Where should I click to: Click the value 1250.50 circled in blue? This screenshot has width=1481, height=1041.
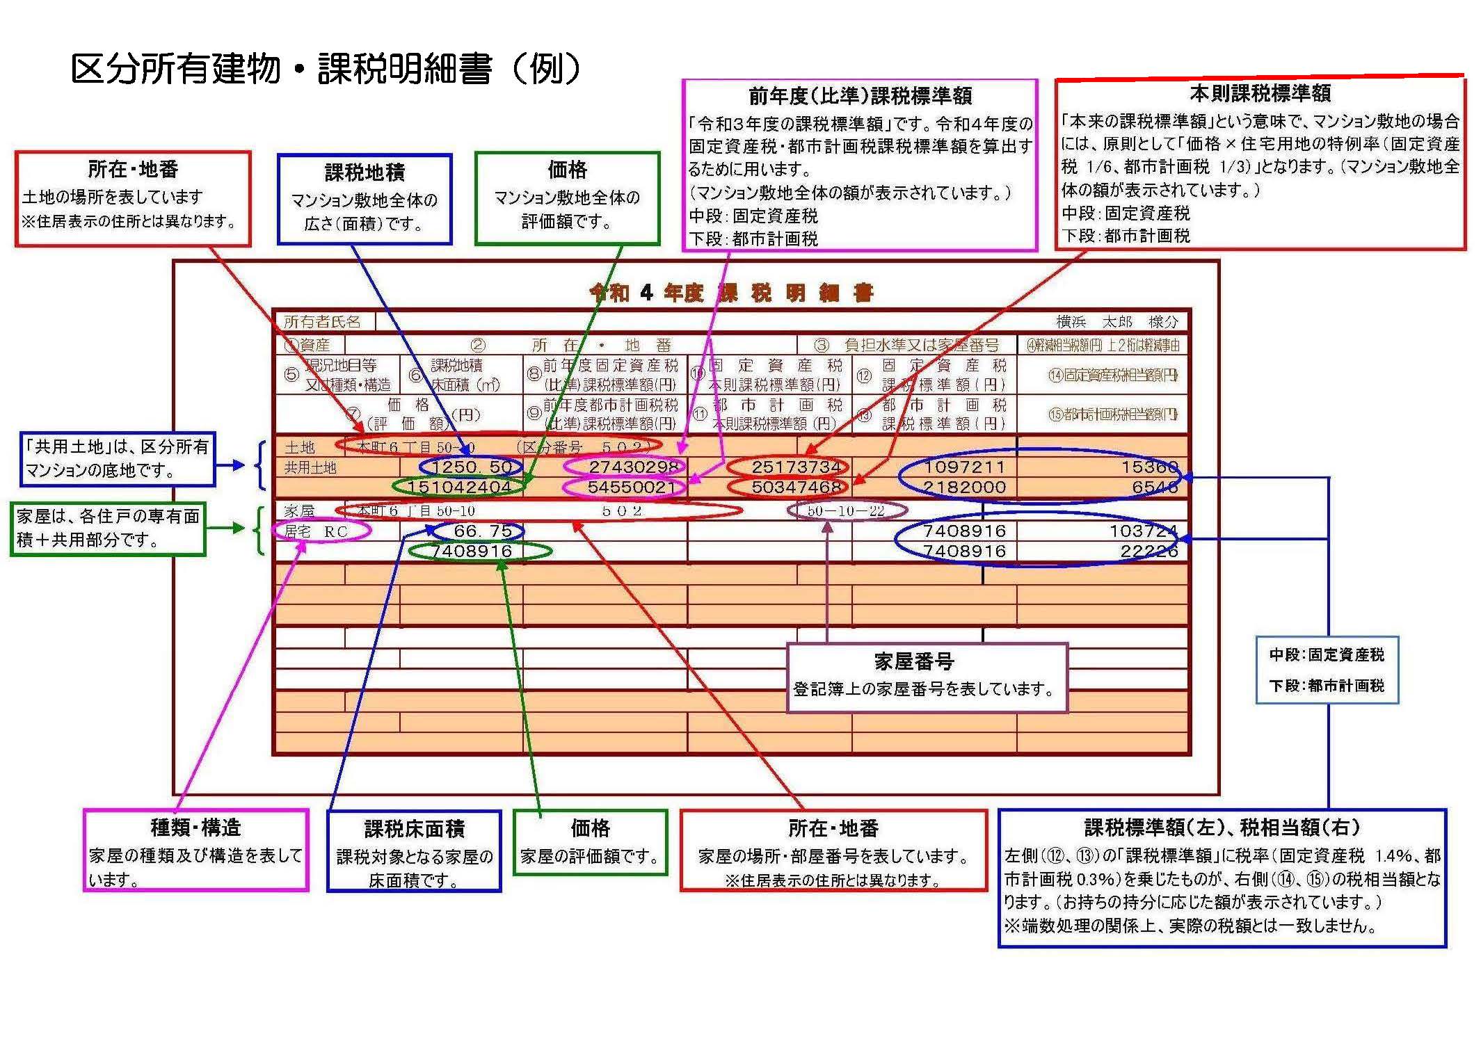[x=472, y=467]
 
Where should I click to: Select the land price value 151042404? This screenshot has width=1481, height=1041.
[x=459, y=487]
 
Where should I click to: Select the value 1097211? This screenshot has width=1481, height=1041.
[x=964, y=467]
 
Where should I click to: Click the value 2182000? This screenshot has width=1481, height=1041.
[x=964, y=487]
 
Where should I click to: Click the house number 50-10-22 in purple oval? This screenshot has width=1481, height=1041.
[x=846, y=511]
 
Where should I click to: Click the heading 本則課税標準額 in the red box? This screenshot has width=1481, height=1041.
[x=1260, y=93]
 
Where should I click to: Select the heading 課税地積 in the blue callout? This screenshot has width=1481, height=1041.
[x=365, y=172]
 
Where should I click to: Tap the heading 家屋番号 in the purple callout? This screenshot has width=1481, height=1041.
[x=913, y=661]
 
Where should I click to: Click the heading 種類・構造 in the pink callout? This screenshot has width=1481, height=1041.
[x=195, y=828]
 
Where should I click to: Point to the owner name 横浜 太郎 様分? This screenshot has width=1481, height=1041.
[x=1117, y=321]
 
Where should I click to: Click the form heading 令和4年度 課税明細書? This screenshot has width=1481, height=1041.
[x=730, y=293]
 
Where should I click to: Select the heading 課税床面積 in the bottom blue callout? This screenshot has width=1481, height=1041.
[x=414, y=829]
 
